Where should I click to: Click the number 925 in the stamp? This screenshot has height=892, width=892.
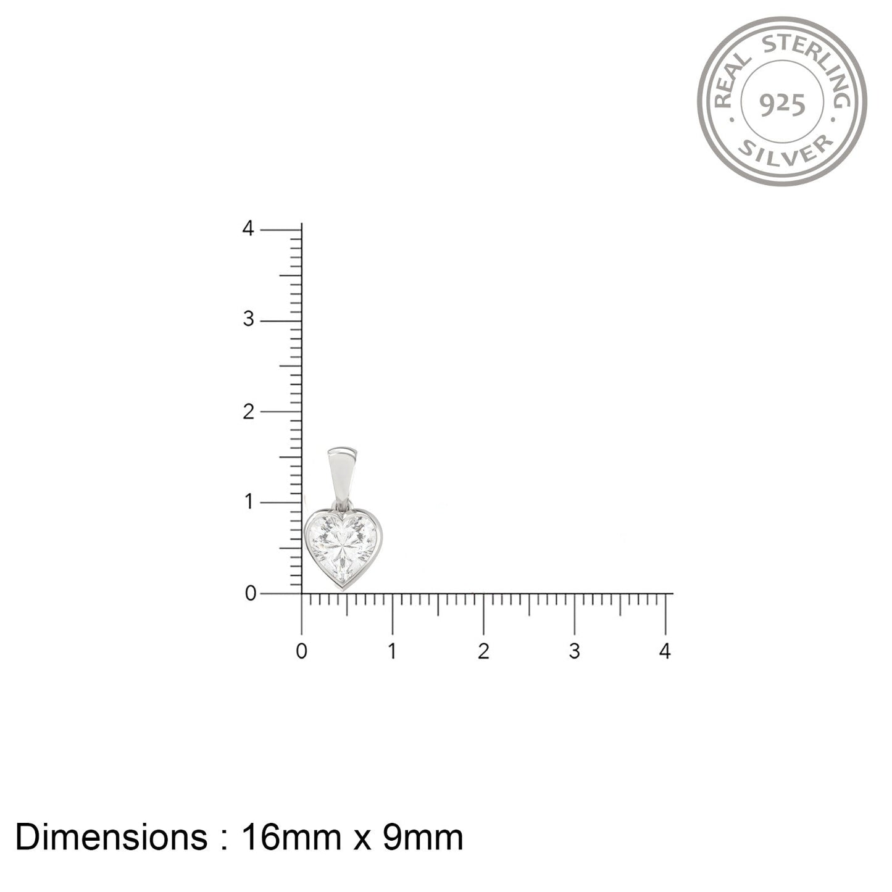[782, 105]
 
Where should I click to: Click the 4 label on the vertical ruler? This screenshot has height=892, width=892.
[248, 228]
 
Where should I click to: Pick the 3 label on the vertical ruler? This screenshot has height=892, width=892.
[249, 319]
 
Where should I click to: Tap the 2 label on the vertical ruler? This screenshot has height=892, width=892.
[249, 412]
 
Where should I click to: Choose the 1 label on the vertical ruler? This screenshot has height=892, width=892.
[249, 502]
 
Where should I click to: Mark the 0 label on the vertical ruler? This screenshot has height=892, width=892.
[251, 593]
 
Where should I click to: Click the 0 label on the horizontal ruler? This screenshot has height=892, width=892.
[301, 652]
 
